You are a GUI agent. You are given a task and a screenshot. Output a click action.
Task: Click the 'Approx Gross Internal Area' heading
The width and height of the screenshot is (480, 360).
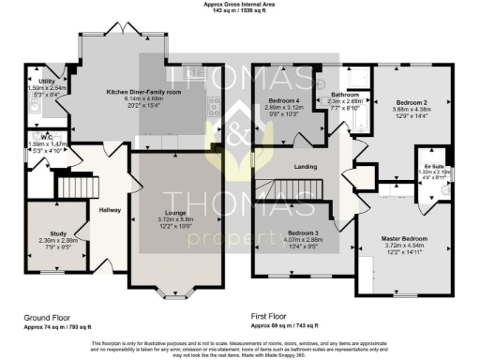[x=240, y=5]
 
